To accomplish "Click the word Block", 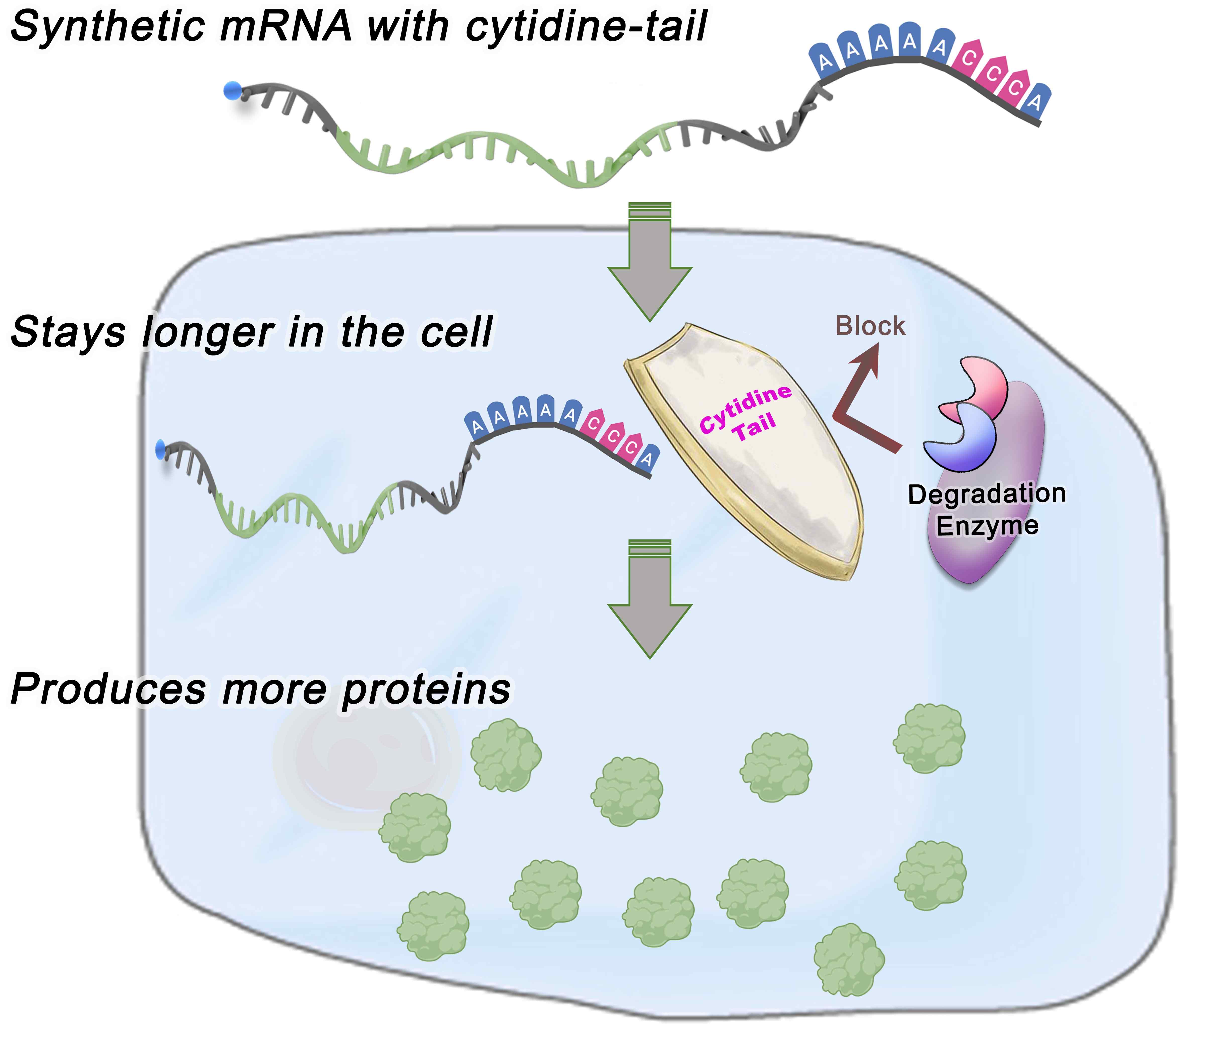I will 870,326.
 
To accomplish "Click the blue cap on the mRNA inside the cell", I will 160,450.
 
